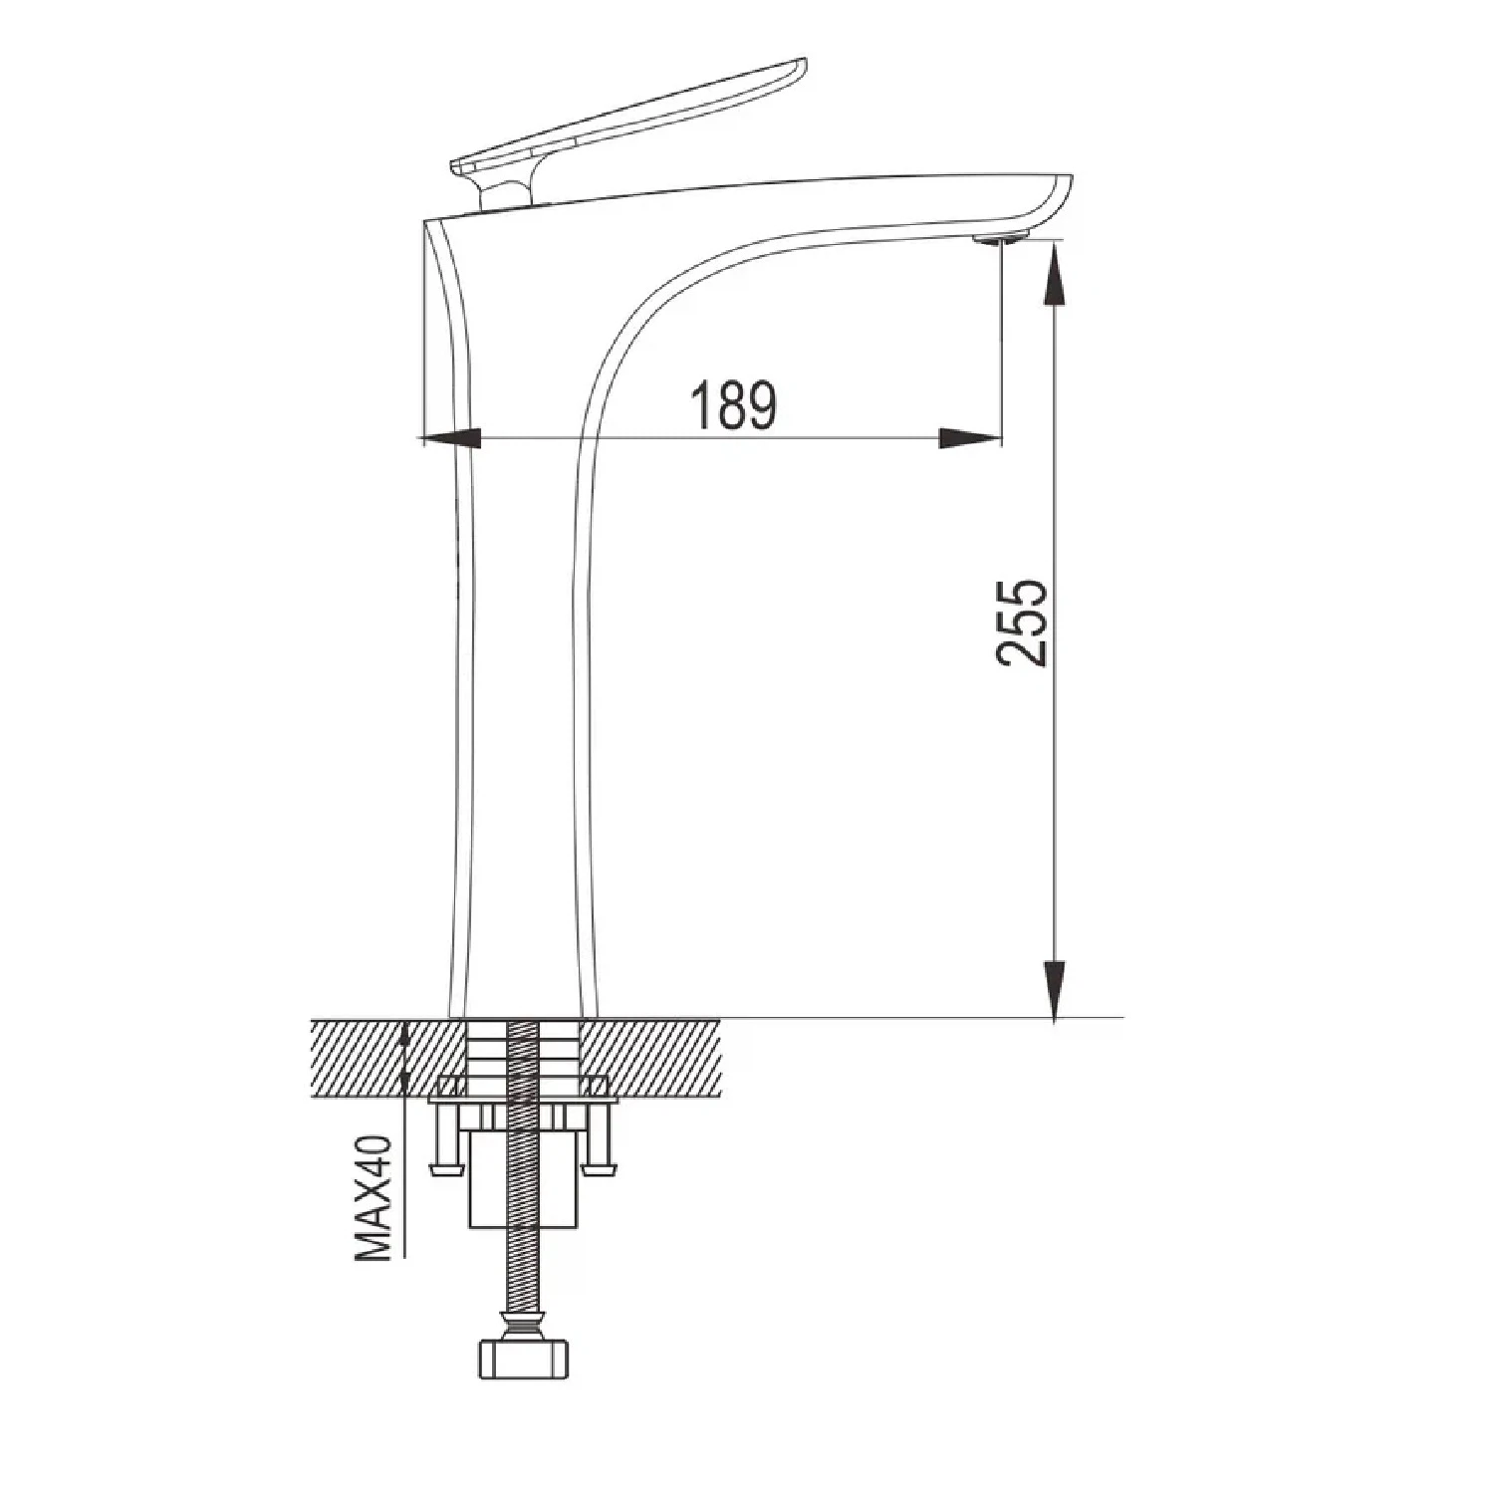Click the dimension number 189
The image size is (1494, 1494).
[x=733, y=404]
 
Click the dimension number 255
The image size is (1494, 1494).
[x=1022, y=622]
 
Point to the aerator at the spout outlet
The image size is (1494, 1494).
[x=1001, y=238]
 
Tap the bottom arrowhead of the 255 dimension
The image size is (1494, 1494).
[x=1055, y=989]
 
